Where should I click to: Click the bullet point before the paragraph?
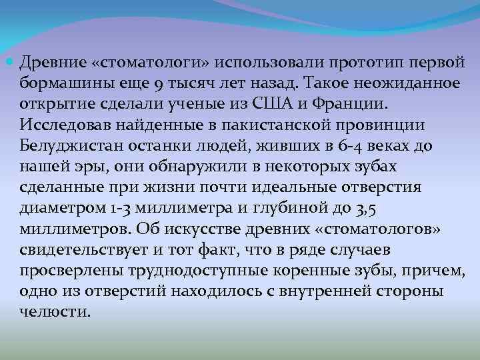(x=13, y=63)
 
